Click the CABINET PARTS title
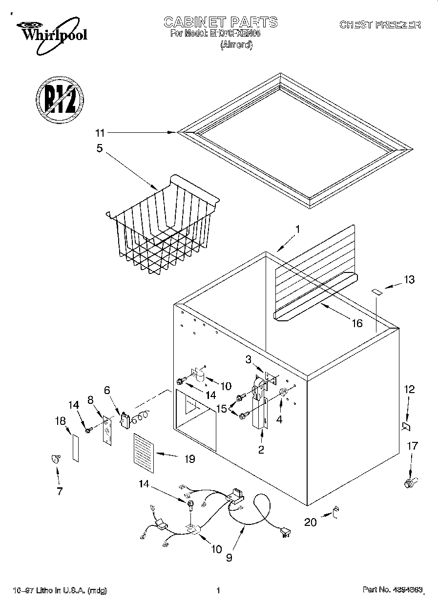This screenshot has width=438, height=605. click(220, 22)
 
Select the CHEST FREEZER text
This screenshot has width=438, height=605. click(379, 25)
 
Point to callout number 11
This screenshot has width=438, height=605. click(100, 132)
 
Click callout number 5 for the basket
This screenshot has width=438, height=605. click(100, 148)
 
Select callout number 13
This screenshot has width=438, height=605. click(409, 279)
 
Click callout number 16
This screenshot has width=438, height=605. click(357, 323)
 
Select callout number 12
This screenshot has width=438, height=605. click(409, 389)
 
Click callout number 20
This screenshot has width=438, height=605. click(311, 522)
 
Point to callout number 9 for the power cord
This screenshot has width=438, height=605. click(229, 556)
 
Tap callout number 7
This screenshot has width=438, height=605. click(60, 491)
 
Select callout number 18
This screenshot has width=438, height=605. click(60, 421)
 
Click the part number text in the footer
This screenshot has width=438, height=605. click(392, 590)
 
